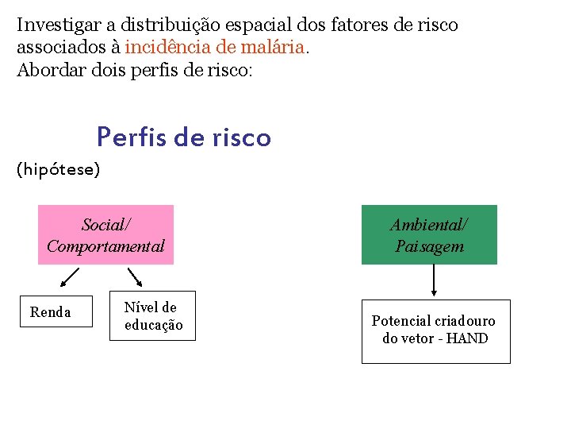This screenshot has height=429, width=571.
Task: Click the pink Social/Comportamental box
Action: [x=105, y=234]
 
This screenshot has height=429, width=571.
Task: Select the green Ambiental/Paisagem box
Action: [x=429, y=234]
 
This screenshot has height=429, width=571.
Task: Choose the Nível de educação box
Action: [x=152, y=316]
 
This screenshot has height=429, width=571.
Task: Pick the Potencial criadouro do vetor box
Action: [x=435, y=330]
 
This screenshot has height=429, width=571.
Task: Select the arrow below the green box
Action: [x=434, y=280]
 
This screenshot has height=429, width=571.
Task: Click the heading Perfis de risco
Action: [x=184, y=138]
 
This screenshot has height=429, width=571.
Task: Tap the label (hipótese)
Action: [x=59, y=170]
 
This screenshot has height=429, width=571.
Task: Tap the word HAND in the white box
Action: [x=467, y=338]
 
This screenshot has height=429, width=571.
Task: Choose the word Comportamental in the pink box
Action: [x=105, y=246]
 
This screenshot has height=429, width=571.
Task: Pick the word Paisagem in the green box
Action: [x=429, y=246]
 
